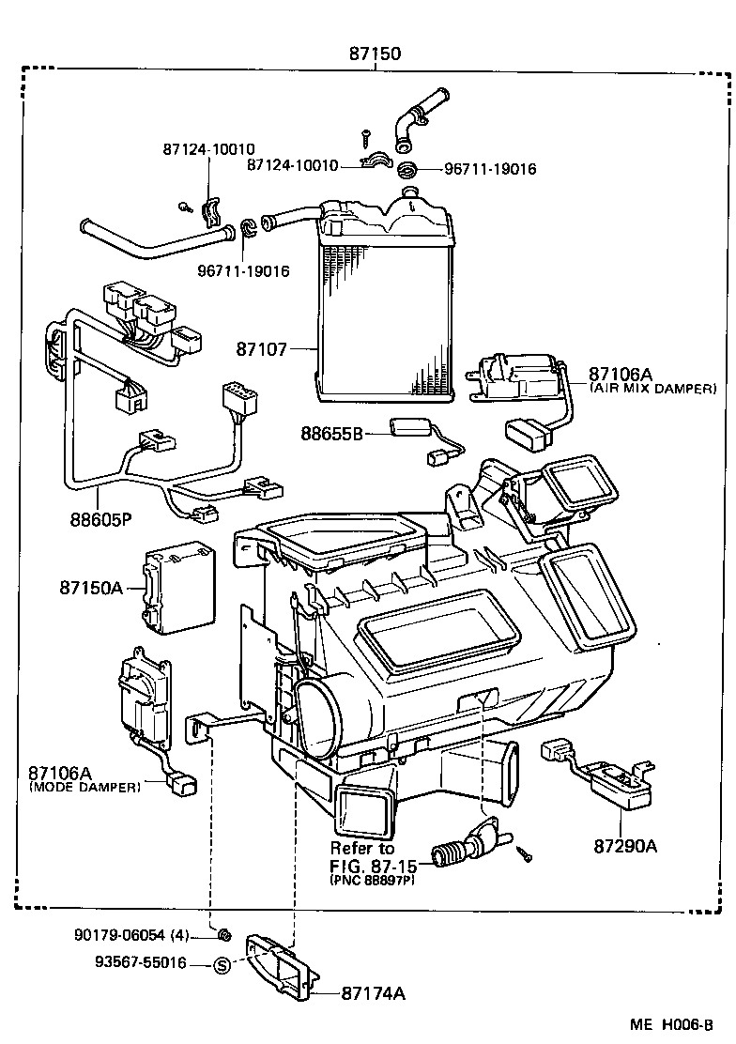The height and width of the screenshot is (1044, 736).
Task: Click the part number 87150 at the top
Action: [375, 54]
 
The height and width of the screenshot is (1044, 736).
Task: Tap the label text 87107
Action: [262, 348]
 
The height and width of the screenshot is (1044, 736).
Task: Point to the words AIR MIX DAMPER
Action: [652, 388]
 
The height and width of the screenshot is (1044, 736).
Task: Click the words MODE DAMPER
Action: [85, 787]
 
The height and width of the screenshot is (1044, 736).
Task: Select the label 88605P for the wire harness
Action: [100, 518]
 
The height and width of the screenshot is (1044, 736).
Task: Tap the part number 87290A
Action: [624, 845]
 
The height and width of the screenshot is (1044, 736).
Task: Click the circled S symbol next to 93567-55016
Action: [222, 964]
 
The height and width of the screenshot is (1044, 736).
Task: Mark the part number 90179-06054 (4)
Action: [131, 935]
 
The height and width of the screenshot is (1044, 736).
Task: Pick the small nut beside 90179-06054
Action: [223, 934]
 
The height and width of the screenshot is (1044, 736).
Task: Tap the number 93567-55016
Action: [140, 963]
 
